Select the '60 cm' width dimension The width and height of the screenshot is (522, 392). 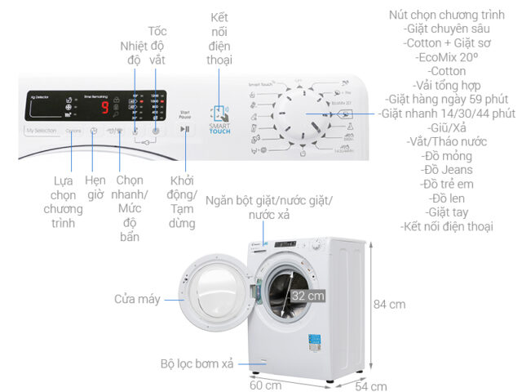pyautogui.click(x=266, y=385)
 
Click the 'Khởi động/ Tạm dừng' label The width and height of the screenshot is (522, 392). pyautogui.click(x=184, y=201)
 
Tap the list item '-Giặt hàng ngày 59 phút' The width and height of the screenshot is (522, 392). pyautogui.click(x=447, y=100)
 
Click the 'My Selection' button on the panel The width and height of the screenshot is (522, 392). pyautogui.click(x=41, y=131)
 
